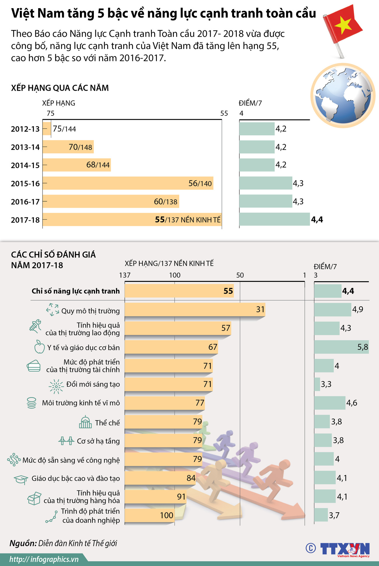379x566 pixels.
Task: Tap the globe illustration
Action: point(343,96)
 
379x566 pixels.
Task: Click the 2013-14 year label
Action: point(25,147)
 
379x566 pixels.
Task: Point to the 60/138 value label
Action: point(165,202)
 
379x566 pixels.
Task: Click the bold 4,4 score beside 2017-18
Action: point(317,220)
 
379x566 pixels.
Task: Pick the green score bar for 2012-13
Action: point(257,129)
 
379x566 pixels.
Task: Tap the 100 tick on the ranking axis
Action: point(175,275)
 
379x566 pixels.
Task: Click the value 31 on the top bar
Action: point(260,309)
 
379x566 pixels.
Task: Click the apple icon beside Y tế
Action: point(39,347)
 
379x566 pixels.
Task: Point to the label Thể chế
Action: point(107,423)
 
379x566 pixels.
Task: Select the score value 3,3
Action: point(326,384)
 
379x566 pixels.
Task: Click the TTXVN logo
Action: point(345,549)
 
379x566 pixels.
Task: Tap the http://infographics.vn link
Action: point(44,559)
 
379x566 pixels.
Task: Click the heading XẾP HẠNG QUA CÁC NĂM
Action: point(60,88)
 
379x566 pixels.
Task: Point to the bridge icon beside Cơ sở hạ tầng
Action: point(66,441)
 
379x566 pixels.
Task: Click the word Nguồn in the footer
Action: point(23,543)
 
